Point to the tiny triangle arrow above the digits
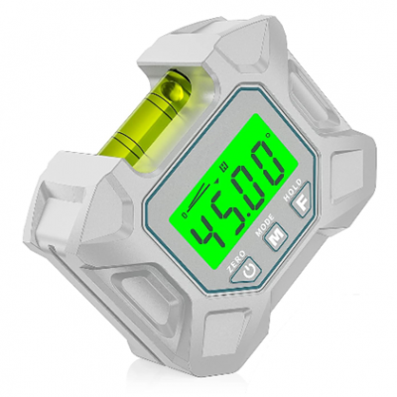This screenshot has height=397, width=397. (x=215, y=182)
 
